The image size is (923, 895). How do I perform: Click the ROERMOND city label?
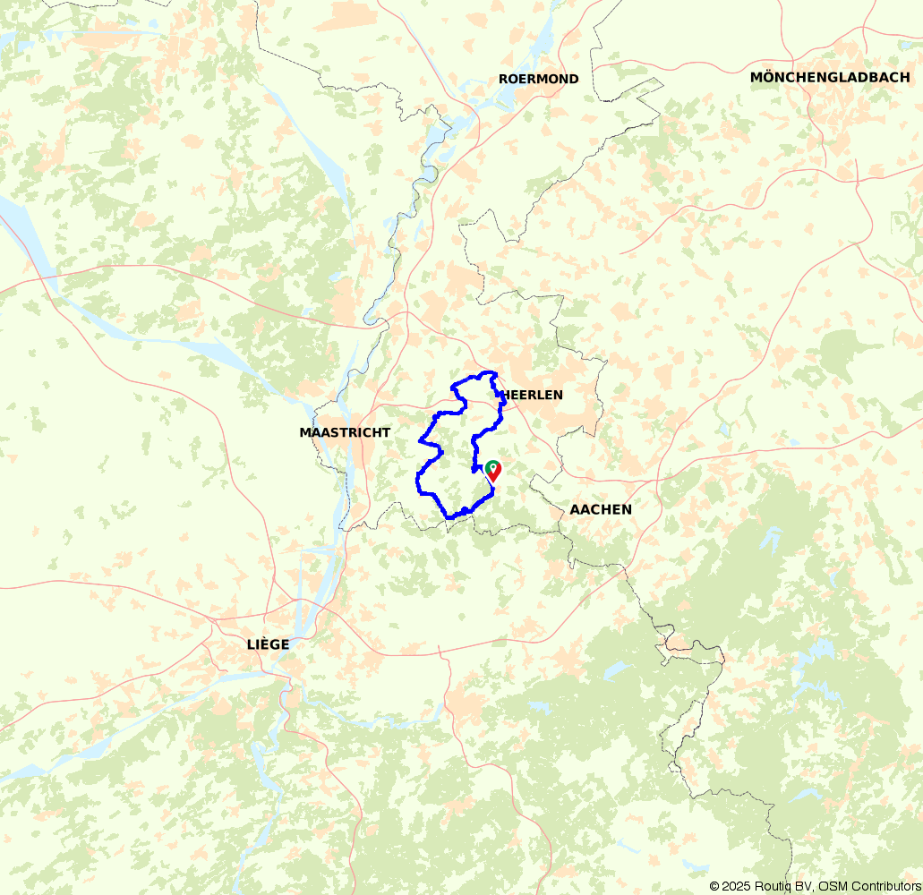538,79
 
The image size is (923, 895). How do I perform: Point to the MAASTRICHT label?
345,432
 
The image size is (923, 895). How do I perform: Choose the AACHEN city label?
601,509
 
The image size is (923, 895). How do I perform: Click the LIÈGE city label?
269,644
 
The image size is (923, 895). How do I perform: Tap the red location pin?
492,472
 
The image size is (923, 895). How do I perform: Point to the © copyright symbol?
714,886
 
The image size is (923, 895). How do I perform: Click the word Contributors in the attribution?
885,886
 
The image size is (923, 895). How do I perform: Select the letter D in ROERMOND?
573,79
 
